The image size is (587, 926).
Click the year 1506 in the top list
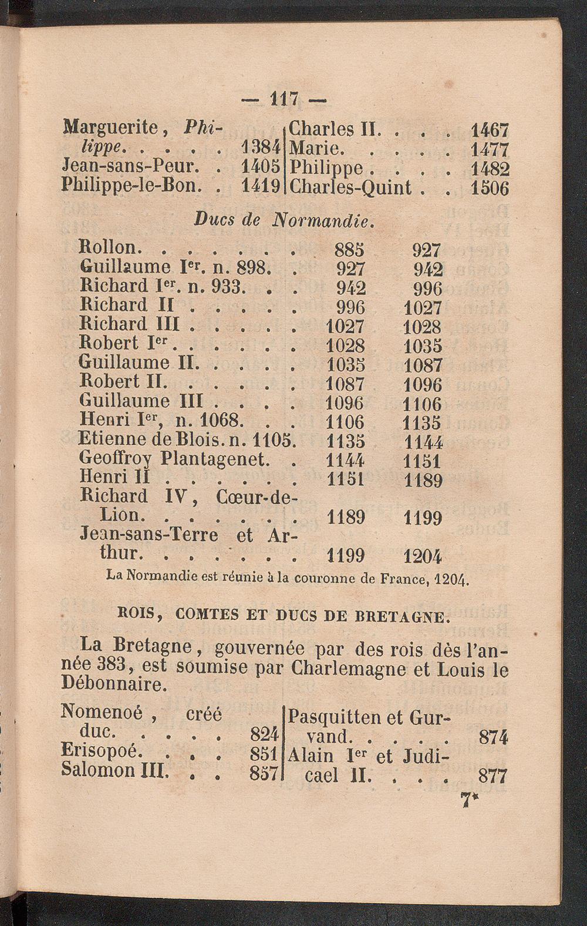coord(490,188)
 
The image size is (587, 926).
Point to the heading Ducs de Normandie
coord(285,222)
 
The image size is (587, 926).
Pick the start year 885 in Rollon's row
coord(349,250)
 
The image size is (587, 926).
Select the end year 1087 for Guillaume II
coord(423,365)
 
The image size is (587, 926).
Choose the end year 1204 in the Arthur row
coord(423,555)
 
